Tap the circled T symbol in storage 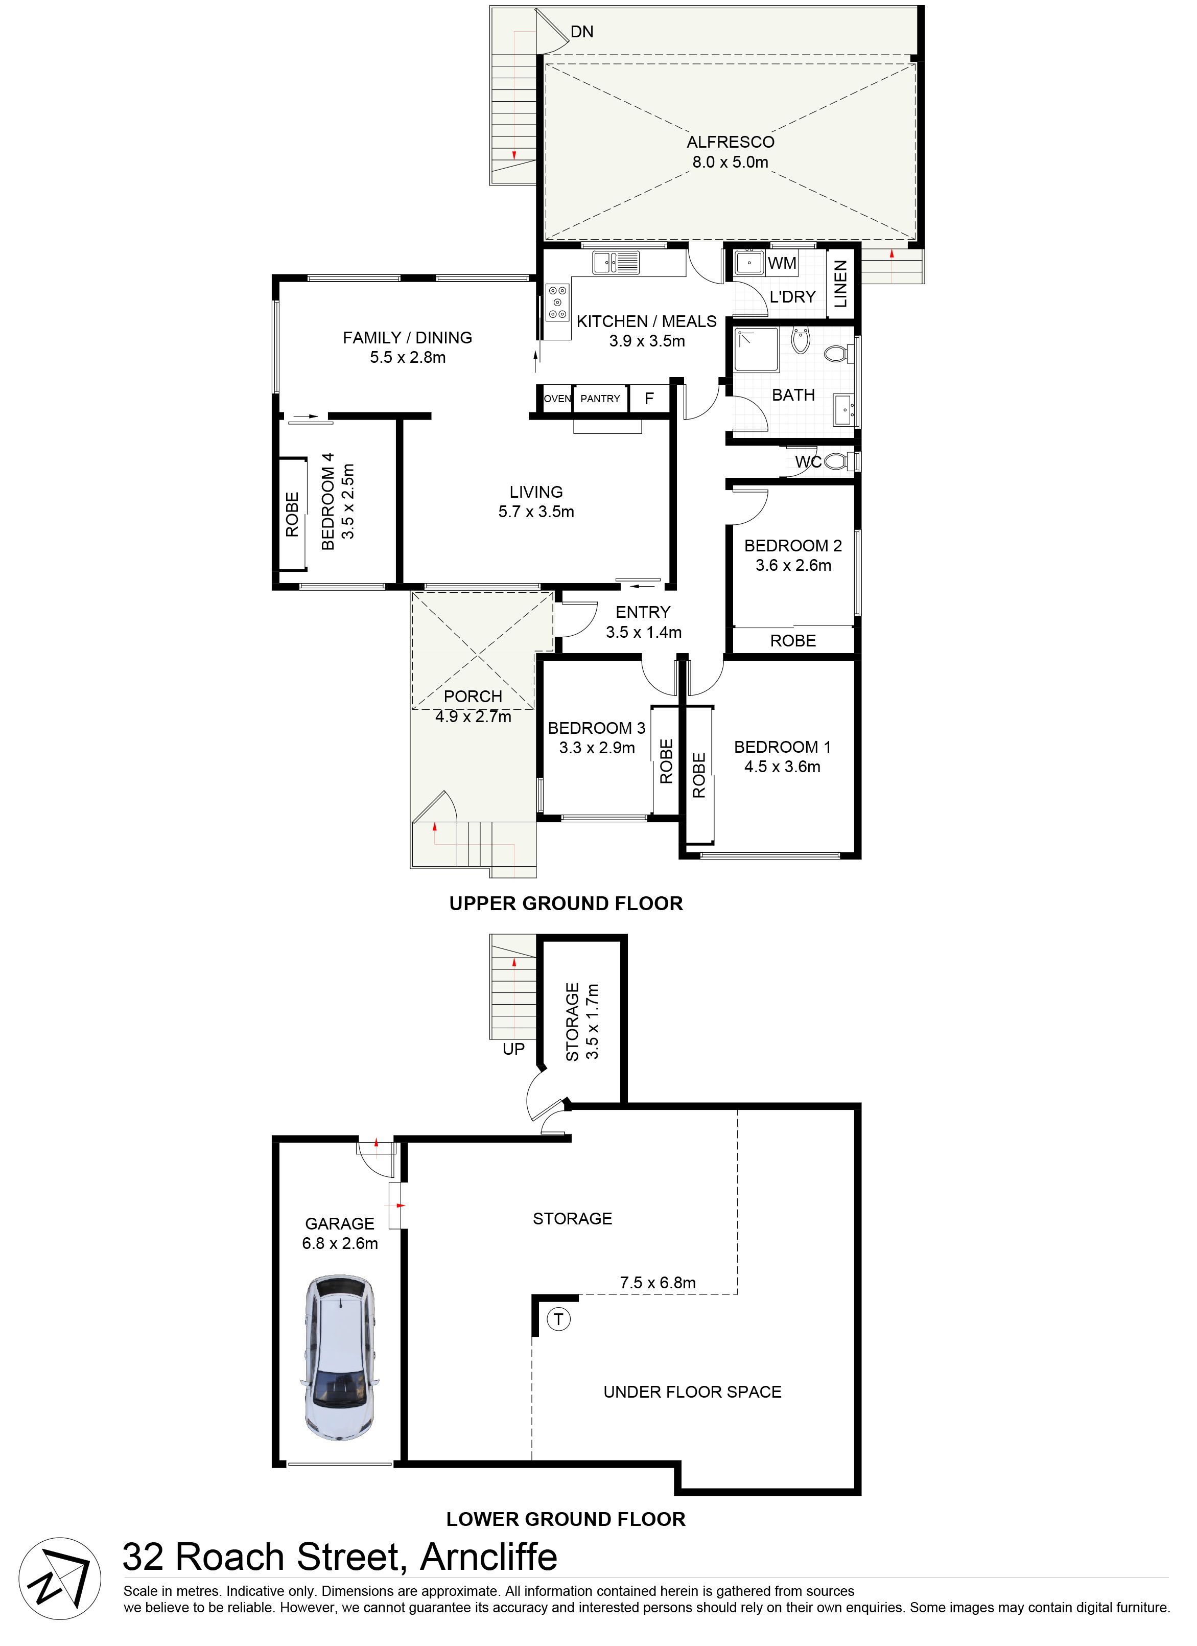click(558, 1318)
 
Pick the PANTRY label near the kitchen click(600, 399)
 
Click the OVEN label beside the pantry click(557, 399)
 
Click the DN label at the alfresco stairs click(582, 32)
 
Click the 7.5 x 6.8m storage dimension click(658, 1282)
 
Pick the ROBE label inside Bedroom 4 click(292, 515)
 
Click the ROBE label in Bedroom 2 click(793, 641)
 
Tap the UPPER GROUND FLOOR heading click(566, 903)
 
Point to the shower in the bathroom click(756, 351)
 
